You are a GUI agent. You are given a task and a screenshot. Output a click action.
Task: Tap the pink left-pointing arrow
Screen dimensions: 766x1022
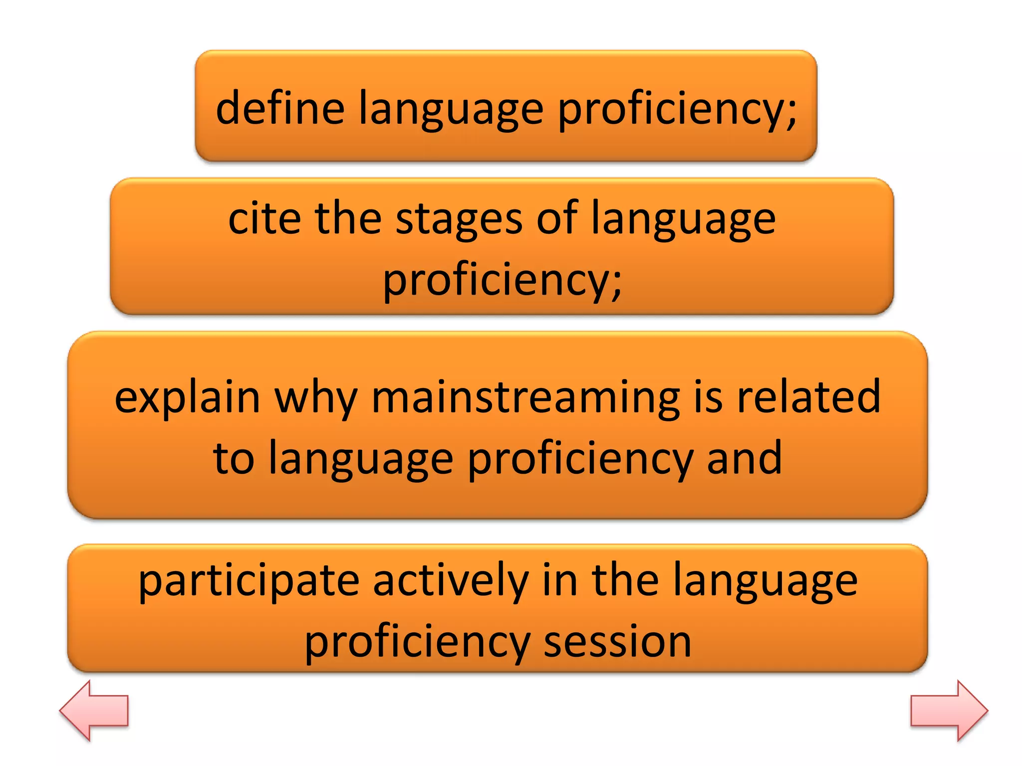(x=94, y=710)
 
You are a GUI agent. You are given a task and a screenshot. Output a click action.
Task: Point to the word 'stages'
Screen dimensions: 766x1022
(x=459, y=220)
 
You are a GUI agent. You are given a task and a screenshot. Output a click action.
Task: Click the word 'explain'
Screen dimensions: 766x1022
(x=188, y=398)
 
